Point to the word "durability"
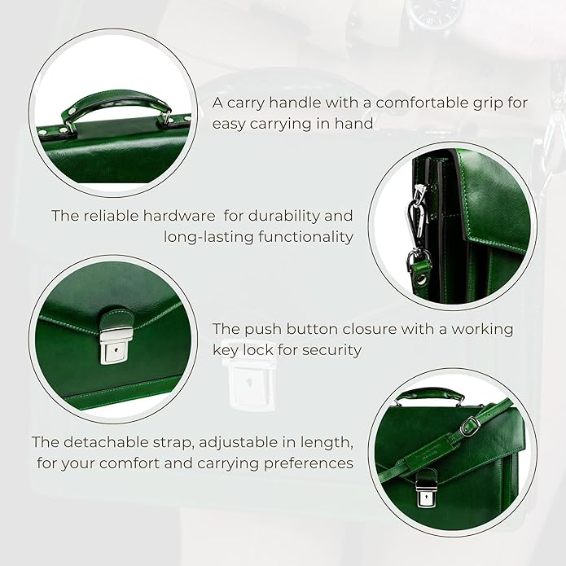[x=296, y=216]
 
